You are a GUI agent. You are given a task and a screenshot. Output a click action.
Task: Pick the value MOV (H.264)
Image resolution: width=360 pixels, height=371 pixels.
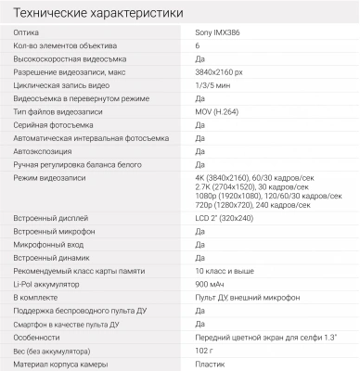[x=219, y=110]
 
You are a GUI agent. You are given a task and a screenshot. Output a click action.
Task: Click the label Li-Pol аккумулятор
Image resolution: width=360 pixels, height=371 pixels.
[x=46, y=285]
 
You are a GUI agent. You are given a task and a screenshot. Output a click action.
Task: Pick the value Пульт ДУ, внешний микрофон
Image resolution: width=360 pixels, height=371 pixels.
[x=247, y=298]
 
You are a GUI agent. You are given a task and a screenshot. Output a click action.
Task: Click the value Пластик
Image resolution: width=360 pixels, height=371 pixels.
[x=211, y=365]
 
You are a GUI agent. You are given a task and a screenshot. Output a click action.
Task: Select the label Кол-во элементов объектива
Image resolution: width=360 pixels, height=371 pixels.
[x=64, y=45]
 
